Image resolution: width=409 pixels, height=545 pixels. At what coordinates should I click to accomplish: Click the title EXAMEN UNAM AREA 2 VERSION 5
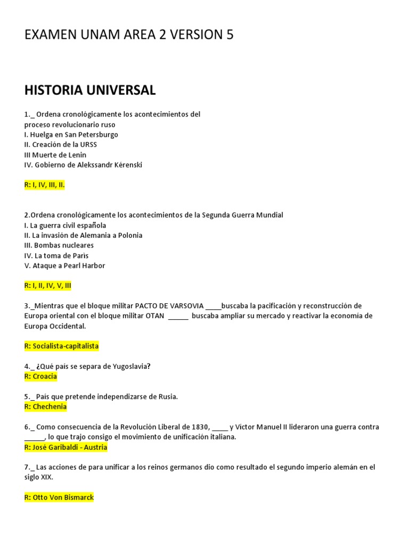129,35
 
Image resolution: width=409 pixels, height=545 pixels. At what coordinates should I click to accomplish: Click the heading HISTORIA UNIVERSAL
90,90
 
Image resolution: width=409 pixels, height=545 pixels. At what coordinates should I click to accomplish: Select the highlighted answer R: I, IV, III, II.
45,185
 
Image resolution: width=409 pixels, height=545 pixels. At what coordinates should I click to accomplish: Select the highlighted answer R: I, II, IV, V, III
48,286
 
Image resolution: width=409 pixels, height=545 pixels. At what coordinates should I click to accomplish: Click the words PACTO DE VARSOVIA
169,305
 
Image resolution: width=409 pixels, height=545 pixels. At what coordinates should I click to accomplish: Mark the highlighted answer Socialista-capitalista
66,346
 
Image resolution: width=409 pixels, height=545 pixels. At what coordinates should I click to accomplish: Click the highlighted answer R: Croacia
40,376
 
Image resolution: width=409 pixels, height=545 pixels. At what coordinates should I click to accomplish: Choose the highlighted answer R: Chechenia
46,407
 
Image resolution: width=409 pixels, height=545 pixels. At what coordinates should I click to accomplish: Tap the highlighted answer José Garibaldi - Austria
70,447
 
